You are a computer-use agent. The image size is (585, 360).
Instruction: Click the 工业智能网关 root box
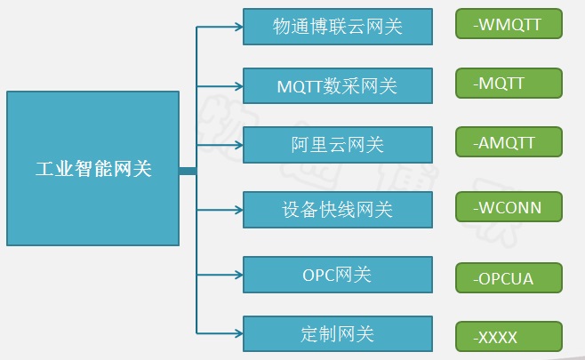[92, 168]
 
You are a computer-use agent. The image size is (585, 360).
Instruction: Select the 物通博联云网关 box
[337, 27]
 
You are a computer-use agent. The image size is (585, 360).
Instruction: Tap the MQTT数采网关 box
[337, 85]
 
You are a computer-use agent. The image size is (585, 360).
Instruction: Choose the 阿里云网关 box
[337, 144]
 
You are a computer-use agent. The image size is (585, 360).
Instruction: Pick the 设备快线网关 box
[337, 209]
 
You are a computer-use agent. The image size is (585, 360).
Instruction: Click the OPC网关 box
[337, 275]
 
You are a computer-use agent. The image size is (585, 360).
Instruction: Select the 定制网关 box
[337, 333]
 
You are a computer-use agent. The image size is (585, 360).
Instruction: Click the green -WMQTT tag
[509, 24]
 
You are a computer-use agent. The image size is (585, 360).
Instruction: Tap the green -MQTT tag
[509, 83]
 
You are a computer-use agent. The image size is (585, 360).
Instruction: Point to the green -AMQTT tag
[509, 141]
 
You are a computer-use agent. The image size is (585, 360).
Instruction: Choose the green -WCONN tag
[509, 206]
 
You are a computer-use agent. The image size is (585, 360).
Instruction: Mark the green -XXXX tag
[509, 336]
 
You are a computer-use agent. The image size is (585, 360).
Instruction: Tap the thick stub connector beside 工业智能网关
[187, 169]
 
